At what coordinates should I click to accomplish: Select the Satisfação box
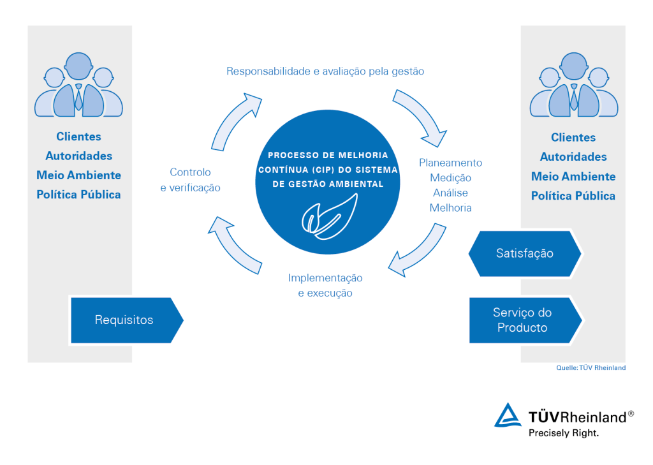coord(525,253)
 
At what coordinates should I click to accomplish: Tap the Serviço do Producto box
coord(525,320)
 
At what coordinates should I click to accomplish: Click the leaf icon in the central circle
coord(330,216)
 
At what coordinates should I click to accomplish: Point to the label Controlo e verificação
coord(190,180)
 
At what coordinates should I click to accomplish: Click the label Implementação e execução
coord(325,285)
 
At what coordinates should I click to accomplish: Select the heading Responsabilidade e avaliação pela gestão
coord(325,71)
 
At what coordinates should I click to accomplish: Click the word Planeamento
coord(451,163)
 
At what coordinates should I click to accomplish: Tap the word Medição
coord(451,178)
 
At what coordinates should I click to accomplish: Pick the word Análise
coord(451,193)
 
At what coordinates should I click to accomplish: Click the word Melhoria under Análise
coord(451,208)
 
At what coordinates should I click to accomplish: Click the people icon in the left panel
coord(78,85)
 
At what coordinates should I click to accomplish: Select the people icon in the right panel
coord(574,85)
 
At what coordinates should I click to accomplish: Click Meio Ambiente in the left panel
coord(78,175)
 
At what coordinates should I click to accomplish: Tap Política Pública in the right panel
coord(573,196)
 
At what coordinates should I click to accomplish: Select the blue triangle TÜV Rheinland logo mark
coord(508,415)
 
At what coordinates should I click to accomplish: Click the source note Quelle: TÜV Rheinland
coord(591,367)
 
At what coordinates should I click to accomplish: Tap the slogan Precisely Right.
coord(564,433)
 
